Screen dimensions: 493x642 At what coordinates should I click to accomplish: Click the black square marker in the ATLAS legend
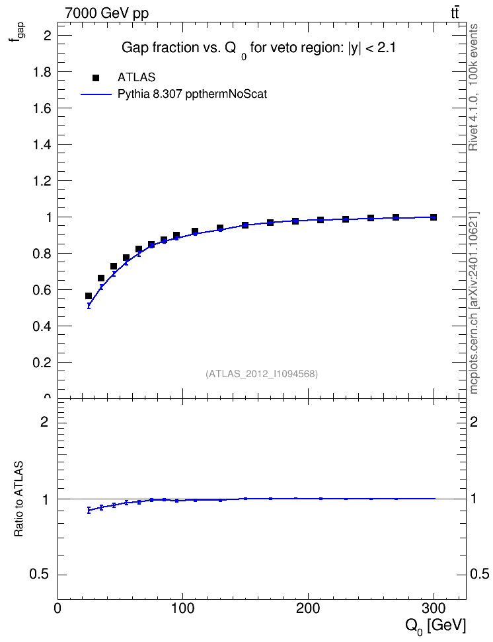pos(96,77)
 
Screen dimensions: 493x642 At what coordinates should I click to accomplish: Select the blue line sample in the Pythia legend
pos(96,94)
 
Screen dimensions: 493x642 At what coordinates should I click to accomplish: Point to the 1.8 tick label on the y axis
pos(42,72)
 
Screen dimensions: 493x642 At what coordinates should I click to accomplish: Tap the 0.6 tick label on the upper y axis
pos(42,290)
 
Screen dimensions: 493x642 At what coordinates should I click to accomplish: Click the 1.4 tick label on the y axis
pos(42,145)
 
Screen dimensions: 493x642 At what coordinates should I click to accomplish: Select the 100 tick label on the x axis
pos(183,608)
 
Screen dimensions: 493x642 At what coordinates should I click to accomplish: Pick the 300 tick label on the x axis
pos(434,608)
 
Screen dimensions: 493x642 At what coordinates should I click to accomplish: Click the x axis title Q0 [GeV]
pos(436,626)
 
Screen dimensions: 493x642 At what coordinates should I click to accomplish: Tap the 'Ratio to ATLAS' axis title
pos(19,499)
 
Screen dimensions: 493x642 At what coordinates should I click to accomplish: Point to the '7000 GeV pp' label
pos(106,13)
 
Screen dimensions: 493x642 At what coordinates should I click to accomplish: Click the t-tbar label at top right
pos(455,13)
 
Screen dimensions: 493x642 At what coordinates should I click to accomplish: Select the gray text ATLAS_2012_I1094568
pos(262,374)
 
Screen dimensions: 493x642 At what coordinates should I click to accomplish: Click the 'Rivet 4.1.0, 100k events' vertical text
pos(473,87)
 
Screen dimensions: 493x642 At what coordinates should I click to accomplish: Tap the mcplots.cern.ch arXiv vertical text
pos(474,303)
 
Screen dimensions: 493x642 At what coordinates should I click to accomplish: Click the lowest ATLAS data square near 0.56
pos(88,296)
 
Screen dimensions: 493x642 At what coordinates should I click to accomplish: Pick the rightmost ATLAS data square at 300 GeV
pos(434,217)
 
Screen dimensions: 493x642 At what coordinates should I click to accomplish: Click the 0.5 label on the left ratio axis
pos(39,575)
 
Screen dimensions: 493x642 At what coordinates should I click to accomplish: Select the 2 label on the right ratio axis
pos(474,421)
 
